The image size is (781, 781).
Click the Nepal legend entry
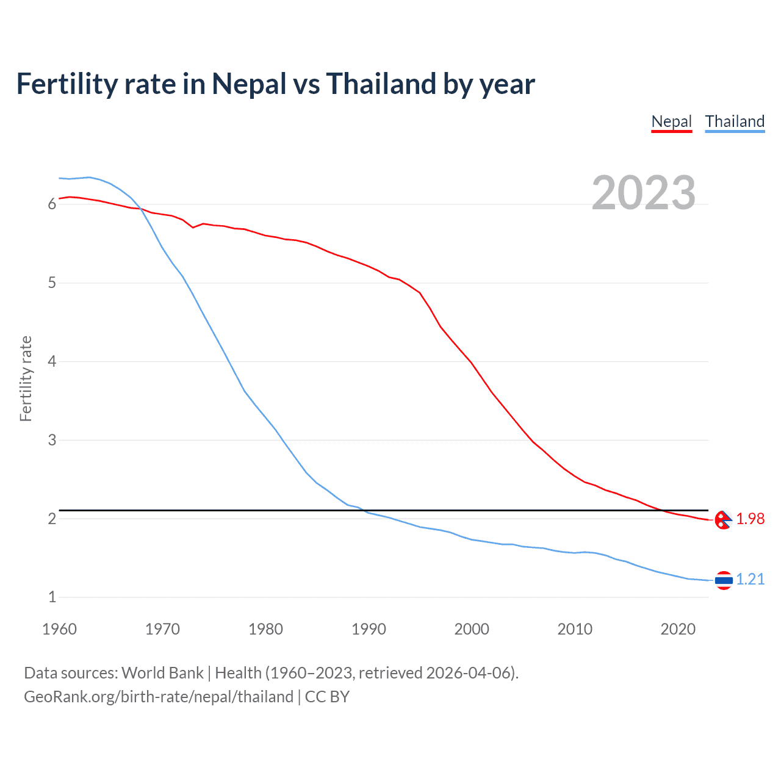(x=671, y=121)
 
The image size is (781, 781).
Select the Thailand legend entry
(x=735, y=121)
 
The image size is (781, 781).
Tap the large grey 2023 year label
(x=643, y=193)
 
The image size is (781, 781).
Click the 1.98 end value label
(x=750, y=519)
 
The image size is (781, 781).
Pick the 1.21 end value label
(x=750, y=579)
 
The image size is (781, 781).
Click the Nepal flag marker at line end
(x=723, y=520)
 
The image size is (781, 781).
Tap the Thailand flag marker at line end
(x=724, y=580)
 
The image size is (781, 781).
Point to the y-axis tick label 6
(x=52, y=204)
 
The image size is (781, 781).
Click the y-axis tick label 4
(x=52, y=361)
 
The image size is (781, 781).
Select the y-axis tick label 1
(x=52, y=597)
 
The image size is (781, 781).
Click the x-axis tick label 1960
(x=59, y=629)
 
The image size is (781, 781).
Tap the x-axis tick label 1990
(x=369, y=629)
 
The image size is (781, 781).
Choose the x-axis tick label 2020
(x=678, y=629)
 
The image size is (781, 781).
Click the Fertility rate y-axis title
(x=26, y=378)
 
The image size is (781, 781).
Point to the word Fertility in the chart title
(x=67, y=84)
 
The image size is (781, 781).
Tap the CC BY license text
(x=327, y=697)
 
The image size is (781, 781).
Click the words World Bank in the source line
(x=162, y=673)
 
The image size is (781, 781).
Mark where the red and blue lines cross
(x=140, y=209)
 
